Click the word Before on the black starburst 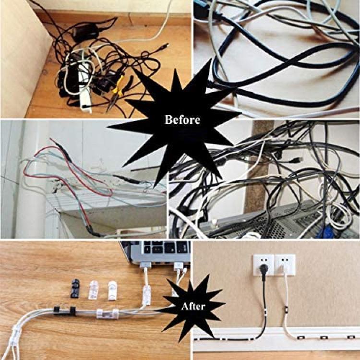click(182, 120)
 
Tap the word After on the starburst click(193, 306)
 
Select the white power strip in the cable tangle click(85, 87)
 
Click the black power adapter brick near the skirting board click(85, 32)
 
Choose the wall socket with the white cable click(285, 264)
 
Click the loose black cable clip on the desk click(74, 288)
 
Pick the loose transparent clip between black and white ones click(93, 290)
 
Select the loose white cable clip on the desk click(112, 290)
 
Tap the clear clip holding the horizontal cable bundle click(108, 314)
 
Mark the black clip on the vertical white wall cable click(286, 309)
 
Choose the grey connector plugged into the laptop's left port click(145, 265)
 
